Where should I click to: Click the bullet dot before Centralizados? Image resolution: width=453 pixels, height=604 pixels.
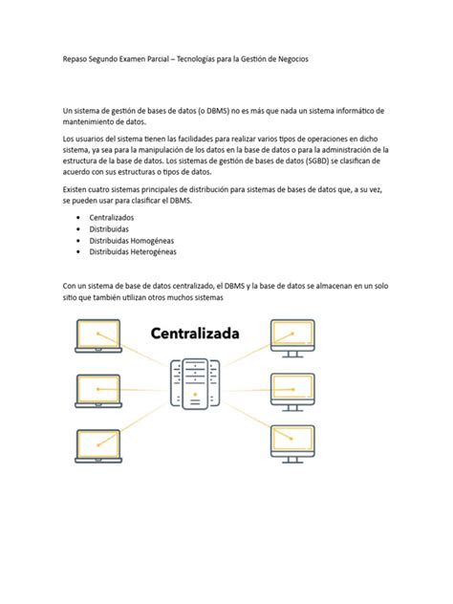78,218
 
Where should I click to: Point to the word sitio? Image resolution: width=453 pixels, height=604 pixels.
69,297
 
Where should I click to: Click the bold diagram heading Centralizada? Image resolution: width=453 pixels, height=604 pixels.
195,334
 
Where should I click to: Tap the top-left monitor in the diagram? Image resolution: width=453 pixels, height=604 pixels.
97,335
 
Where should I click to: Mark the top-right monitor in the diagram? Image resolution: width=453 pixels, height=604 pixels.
293,334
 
